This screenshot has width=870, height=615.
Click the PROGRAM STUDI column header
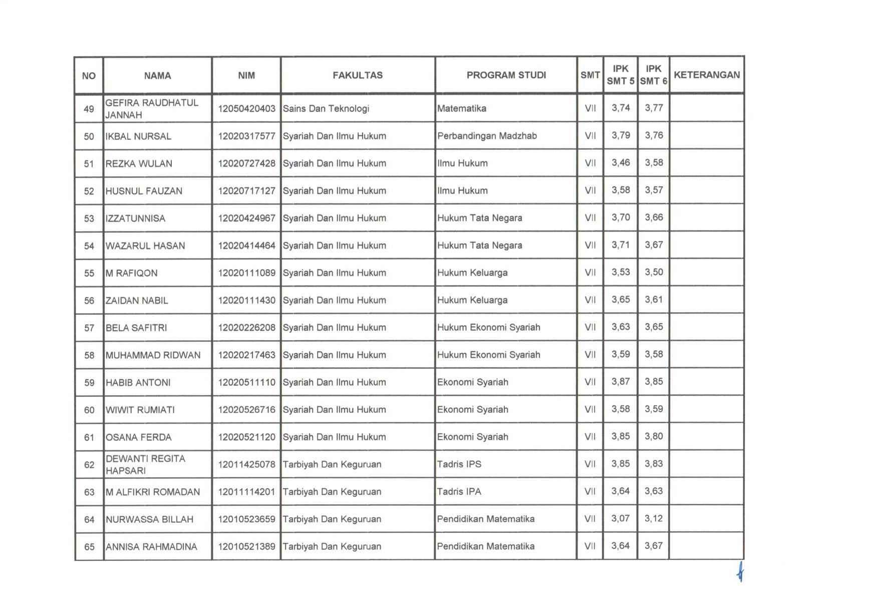coord(506,75)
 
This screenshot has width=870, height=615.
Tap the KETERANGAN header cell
coord(706,75)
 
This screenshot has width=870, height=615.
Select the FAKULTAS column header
coord(358,75)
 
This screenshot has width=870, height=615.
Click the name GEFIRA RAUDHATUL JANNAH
coord(152,109)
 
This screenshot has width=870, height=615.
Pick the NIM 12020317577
coord(246,136)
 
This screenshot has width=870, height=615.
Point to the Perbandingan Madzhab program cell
coord(487,136)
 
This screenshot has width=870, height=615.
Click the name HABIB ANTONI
coord(138,382)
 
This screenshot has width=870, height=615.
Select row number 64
coord(89,519)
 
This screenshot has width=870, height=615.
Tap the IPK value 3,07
coord(620,518)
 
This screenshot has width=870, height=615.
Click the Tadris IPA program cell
coord(459,492)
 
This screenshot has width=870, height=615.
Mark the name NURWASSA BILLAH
coord(149,519)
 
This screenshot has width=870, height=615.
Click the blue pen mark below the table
coord(740,571)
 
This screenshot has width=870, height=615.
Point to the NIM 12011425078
coord(246,465)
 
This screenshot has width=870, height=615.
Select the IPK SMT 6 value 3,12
coord(654,518)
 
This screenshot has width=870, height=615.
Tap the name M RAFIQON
coord(132,273)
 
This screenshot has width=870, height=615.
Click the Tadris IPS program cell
coord(459,464)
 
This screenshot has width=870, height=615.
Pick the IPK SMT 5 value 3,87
coord(620,381)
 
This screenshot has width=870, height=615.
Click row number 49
coord(89,109)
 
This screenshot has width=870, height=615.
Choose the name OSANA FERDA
coord(139,437)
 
